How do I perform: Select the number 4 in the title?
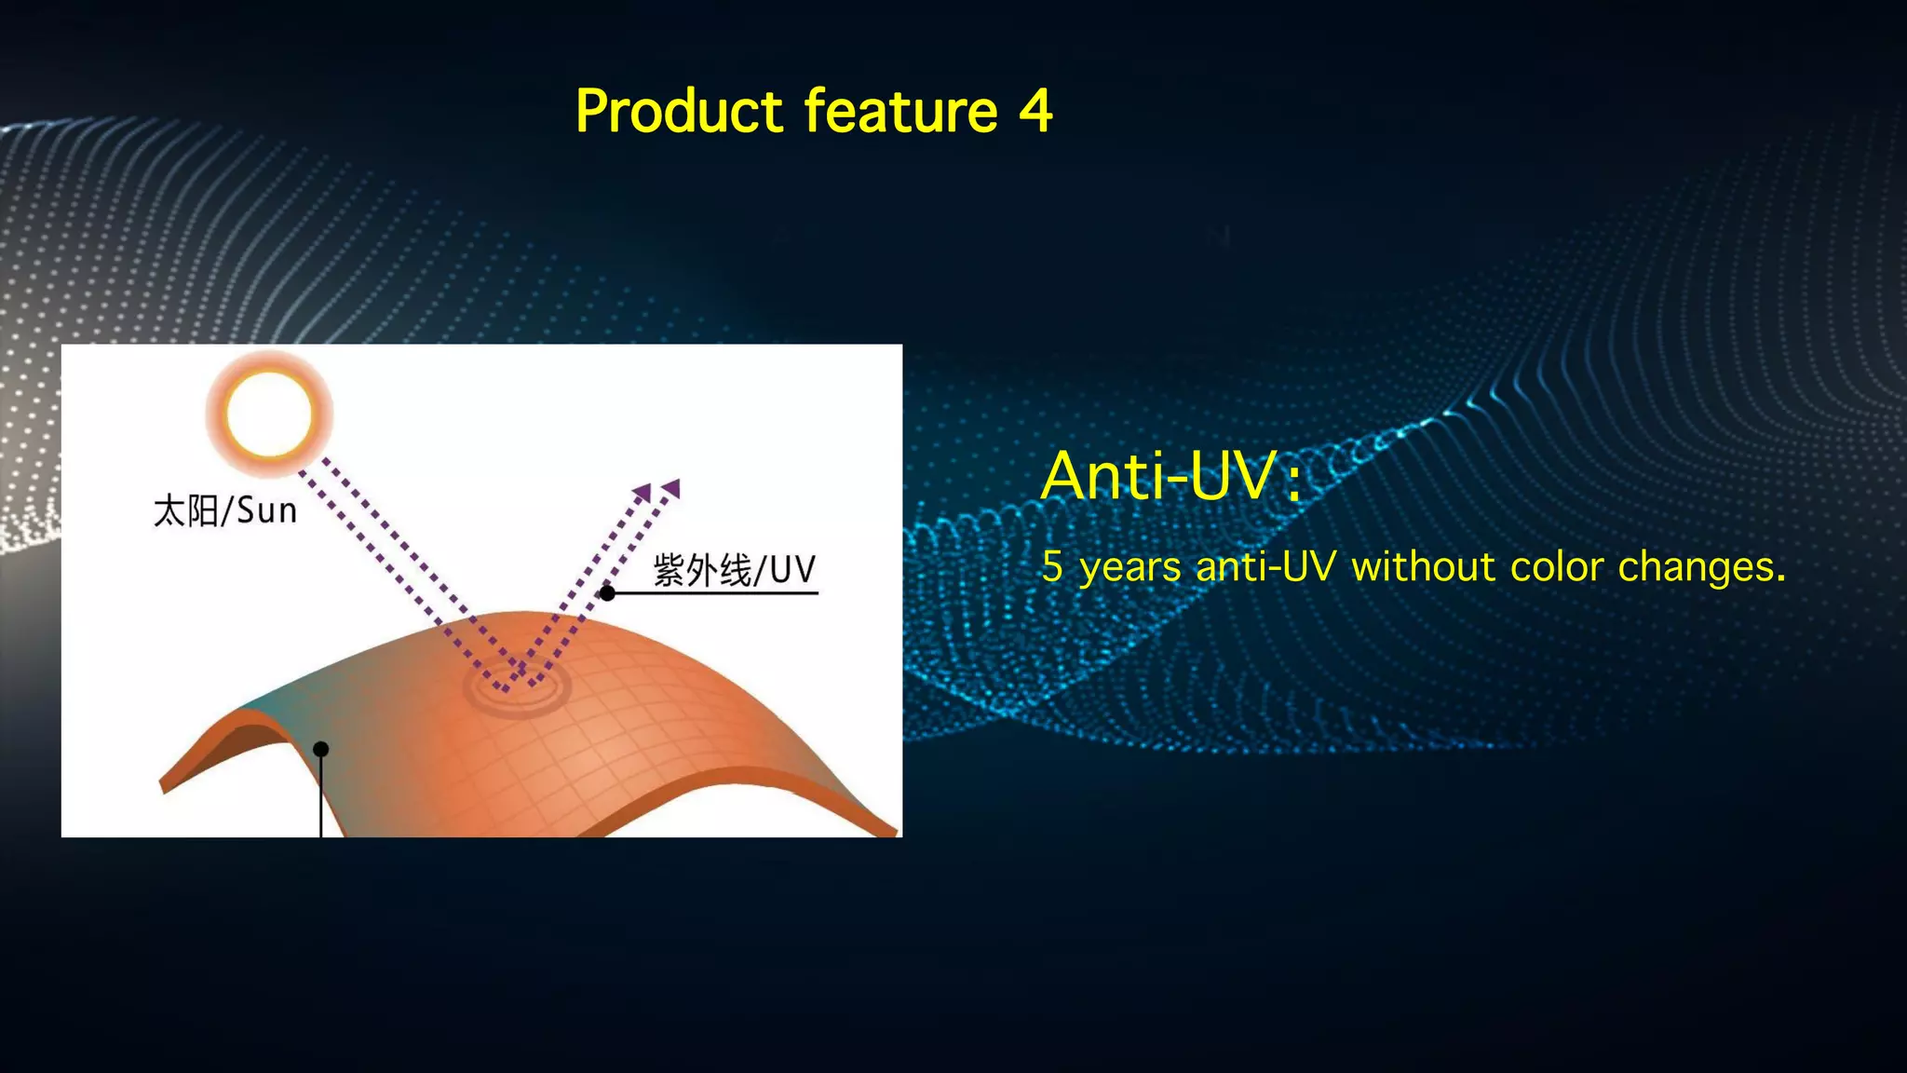(1035, 112)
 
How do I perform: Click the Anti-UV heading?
(1160, 476)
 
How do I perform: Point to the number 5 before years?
(1052, 566)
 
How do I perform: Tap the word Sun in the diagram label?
(267, 510)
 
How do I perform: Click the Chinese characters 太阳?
(186, 511)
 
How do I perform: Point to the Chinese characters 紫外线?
(701, 570)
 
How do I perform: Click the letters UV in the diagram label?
(793, 570)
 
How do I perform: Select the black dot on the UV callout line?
(607, 592)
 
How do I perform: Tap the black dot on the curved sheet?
(321, 749)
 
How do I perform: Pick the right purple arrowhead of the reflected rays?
(672, 488)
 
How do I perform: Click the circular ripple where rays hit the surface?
(518, 689)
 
